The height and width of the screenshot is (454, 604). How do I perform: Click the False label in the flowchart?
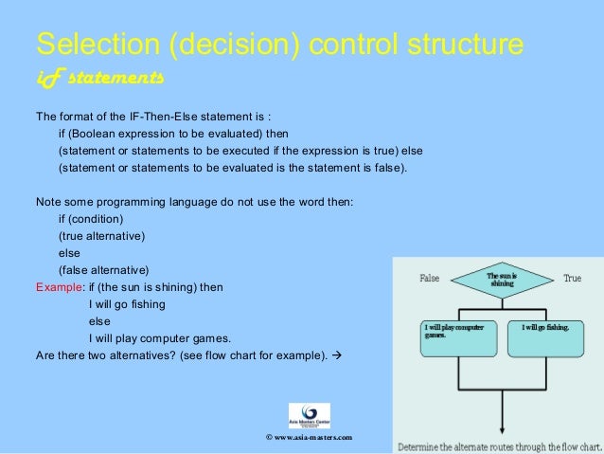430,280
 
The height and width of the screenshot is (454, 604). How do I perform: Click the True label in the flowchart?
572,280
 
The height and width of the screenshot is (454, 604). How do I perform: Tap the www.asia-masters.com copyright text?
311,438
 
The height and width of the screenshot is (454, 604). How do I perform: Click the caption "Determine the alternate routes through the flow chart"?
499,445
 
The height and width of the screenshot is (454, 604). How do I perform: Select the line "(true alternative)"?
107,236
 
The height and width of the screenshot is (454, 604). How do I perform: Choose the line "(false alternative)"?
109,270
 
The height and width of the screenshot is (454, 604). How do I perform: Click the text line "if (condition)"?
98,219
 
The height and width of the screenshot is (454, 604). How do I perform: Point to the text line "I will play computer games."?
159,338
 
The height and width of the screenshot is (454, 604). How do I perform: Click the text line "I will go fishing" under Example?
127,304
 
